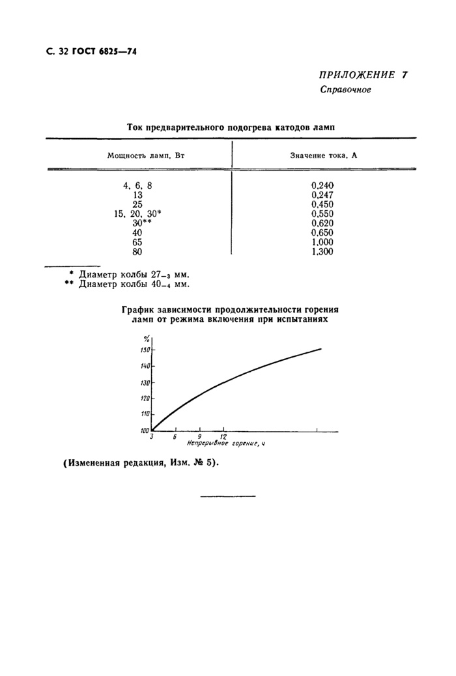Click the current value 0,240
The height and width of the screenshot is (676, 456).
(x=323, y=186)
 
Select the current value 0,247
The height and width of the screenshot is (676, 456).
(x=323, y=195)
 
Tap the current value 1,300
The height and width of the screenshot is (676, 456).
(x=323, y=251)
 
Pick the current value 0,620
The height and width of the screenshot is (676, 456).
(x=323, y=223)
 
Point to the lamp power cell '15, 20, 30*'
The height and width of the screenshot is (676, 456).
(x=137, y=214)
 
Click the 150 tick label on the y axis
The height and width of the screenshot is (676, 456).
(x=145, y=350)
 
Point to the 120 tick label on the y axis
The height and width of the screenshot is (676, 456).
(x=145, y=399)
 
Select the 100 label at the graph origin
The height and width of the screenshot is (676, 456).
(x=143, y=430)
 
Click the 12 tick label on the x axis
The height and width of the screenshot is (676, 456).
(x=223, y=437)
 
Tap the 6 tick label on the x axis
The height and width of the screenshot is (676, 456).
(x=175, y=437)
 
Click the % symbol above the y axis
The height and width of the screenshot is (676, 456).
(x=147, y=337)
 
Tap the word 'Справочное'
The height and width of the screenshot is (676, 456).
(x=345, y=90)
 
